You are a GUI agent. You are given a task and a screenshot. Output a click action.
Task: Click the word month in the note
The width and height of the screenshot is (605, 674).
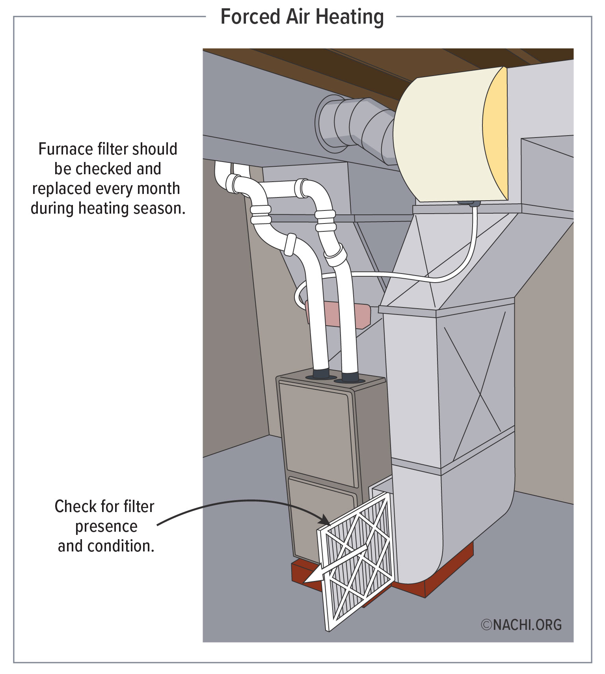click(x=158, y=188)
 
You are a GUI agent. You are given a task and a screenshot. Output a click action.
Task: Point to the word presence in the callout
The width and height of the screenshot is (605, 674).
click(x=106, y=526)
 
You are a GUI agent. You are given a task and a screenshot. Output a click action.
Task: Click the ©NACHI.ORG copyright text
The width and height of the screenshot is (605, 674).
click(x=521, y=625)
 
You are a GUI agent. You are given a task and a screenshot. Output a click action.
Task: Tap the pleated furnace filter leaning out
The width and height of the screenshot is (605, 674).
click(x=357, y=568)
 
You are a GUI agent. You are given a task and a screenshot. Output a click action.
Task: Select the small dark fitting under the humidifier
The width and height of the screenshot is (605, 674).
click(x=469, y=203)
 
